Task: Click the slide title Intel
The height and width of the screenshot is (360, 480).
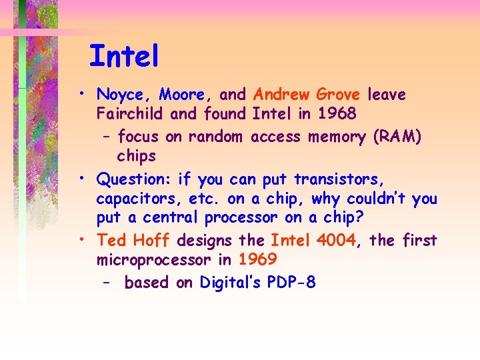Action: pos(124,56)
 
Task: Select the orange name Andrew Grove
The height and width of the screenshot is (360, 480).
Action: pos(307,95)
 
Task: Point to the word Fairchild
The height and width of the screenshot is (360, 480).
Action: pos(131,113)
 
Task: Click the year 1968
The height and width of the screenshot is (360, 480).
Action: pos(336,113)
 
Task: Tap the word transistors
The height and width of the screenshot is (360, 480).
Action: pos(338,180)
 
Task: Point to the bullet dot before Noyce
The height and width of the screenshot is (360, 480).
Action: pos(80,93)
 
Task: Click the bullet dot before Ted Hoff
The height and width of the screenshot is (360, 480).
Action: pos(80,238)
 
